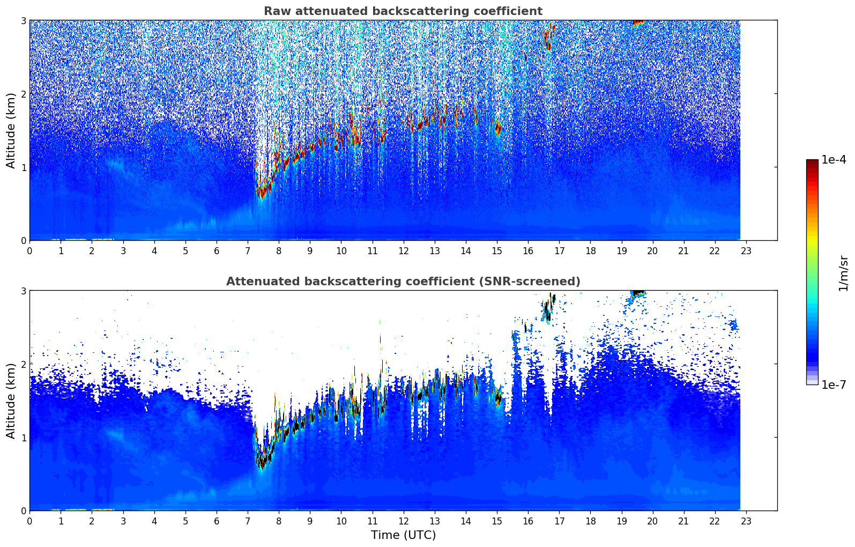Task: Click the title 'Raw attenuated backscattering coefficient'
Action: (x=403, y=11)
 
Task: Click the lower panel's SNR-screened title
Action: (x=403, y=282)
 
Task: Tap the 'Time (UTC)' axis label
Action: (x=403, y=535)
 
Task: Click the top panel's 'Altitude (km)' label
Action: (x=11, y=130)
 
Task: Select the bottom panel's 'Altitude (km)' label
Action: (x=11, y=401)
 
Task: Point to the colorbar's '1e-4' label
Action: (x=834, y=160)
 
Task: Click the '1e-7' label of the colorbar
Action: (x=834, y=385)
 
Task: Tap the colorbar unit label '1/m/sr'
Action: (x=843, y=272)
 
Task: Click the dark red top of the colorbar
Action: (x=812, y=162)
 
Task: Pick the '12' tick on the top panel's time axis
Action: (x=403, y=250)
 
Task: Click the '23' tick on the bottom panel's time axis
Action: (x=746, y=521)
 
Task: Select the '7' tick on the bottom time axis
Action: (x=248, y=521)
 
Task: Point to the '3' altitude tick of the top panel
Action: (x=23, y=20)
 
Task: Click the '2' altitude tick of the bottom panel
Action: (x=23, y=364)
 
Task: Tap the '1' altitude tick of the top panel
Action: (x=23, y=167)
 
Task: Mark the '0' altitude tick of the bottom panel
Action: (x=23, y=511)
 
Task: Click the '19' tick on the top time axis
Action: (x=621, y=250)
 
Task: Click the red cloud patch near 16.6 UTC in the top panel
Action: (x=547, y=40)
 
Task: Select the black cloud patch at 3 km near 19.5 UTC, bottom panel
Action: (x=638, y=292)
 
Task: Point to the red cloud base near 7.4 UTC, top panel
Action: (x=261, y=191)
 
